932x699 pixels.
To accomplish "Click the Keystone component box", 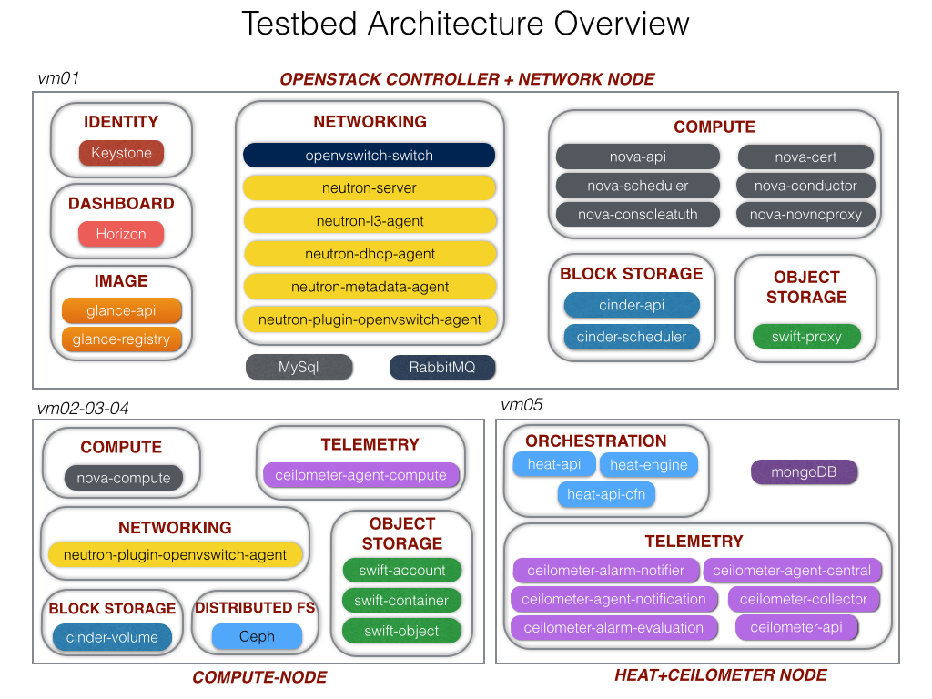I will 121,153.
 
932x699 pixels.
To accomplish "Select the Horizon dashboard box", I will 121,234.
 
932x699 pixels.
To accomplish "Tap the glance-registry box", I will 122,339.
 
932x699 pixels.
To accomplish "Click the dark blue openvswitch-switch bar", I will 369,156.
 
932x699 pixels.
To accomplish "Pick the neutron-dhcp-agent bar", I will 369,254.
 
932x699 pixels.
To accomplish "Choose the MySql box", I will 299,368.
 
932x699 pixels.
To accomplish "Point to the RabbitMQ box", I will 442,368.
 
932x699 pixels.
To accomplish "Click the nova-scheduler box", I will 637,186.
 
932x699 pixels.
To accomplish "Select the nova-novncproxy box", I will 805,215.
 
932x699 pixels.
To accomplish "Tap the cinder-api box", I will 632,306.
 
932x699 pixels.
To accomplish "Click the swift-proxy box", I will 805,336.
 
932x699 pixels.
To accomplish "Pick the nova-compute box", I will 123,478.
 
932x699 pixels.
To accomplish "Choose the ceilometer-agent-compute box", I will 360,474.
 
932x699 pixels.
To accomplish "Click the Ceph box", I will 257,636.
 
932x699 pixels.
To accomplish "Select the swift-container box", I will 401,601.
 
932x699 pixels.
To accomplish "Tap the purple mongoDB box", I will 805,471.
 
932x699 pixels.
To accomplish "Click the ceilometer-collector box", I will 804,599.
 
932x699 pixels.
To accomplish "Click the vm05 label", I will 522,404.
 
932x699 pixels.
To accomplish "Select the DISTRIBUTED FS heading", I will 255,608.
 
